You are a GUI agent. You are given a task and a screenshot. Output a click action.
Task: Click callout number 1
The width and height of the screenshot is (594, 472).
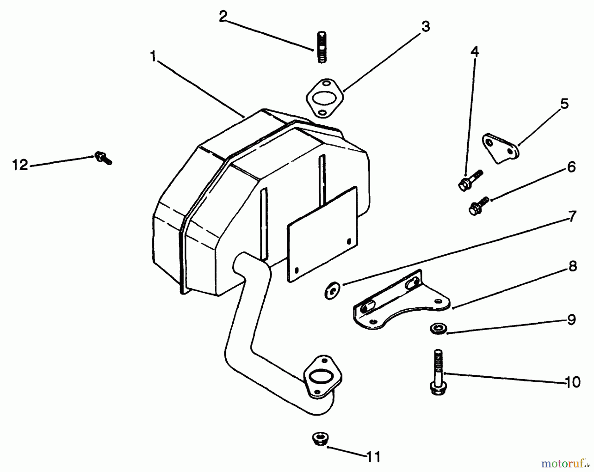coord(153,57)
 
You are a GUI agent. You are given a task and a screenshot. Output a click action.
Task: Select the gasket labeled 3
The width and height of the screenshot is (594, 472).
coord(325,98)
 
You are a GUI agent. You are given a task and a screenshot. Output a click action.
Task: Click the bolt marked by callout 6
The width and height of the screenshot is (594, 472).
coord(478,206)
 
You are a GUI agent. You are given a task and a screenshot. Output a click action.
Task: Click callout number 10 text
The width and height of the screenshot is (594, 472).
coord(573,383)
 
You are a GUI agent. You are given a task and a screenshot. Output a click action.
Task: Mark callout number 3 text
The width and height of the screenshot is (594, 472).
coord(426,26)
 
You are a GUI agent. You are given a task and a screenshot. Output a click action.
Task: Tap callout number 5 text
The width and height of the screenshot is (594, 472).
coord(565,104)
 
